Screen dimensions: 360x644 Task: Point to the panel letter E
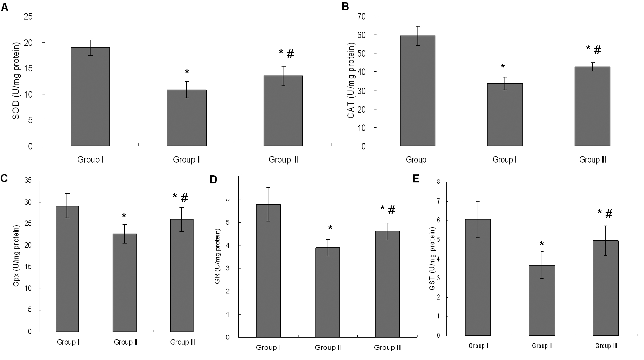(416, 179)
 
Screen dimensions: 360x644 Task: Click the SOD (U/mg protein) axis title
(16, 81)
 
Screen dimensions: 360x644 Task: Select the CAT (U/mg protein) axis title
(351, 82)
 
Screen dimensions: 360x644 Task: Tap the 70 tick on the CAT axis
(362, 16)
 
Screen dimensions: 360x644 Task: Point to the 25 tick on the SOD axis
(28, 16)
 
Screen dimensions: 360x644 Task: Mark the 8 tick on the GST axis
(438, 182)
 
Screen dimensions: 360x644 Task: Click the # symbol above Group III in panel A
(290, 54)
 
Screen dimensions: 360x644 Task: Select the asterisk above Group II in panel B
(503, 67)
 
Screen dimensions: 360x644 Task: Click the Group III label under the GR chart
(388, 348)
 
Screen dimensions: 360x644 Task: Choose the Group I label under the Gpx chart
(68, 342)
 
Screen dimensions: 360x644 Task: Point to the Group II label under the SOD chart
(187, 160)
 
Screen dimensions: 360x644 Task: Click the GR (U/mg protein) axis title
(217, 256)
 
